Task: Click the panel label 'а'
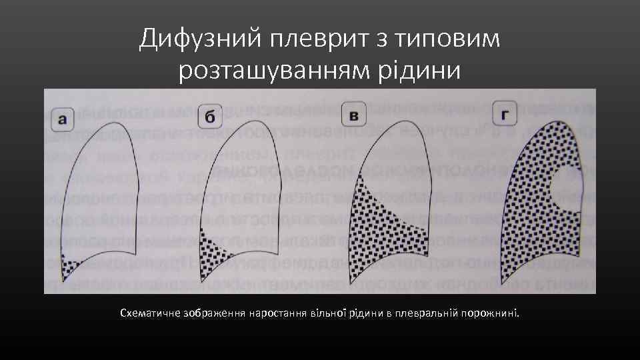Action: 63,120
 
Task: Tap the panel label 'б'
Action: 209,119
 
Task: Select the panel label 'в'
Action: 353,117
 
